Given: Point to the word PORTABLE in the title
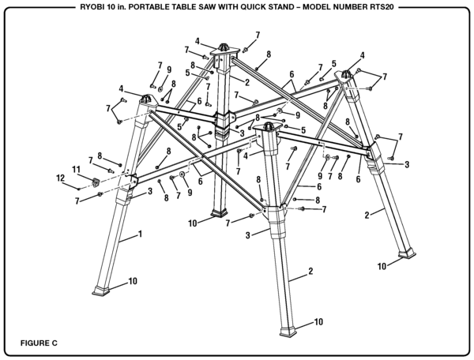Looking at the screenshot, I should [x=143, y=8].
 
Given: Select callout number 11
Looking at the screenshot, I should [x=77, y=170].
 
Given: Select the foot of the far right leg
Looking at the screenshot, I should [x=408, y=253].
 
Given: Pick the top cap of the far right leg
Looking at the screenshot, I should [x=347, y=75].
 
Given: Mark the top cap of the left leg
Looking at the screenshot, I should [x=147, y=99].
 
